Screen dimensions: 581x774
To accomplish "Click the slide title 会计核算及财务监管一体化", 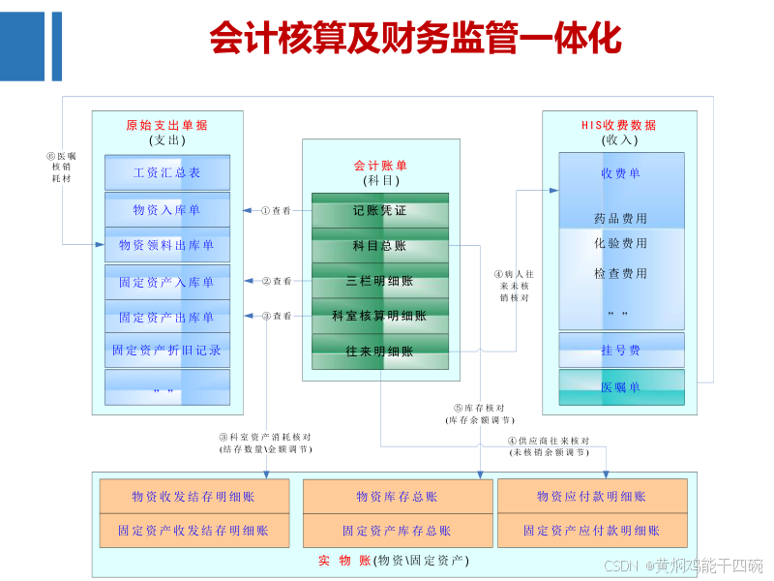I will (415, 38).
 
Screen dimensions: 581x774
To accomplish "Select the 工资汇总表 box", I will (167, 173).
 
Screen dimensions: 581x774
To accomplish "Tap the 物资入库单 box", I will (167, 209).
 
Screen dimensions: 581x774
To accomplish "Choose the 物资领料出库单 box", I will (167, 245).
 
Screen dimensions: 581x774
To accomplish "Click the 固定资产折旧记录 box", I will (167, 351).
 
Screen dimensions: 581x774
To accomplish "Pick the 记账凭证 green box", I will (379, 210).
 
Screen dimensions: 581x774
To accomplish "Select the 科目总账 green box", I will (379, 246).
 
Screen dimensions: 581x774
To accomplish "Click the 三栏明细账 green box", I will (379, 281).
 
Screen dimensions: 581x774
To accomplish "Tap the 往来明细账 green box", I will (379, 352).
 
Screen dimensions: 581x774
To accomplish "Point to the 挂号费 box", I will (620, 350).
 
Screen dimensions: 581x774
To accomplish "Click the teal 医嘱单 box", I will (620, 386).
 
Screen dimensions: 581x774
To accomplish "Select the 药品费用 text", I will (620, 219).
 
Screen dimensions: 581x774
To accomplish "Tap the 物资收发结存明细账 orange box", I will (193, 497).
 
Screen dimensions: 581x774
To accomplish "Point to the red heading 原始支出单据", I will (166, 125).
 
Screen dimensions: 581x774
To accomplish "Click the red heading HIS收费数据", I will (618, 125).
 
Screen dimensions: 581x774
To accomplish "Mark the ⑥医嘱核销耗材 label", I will (62, 168).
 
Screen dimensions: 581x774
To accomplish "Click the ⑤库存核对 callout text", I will (481, 413).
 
